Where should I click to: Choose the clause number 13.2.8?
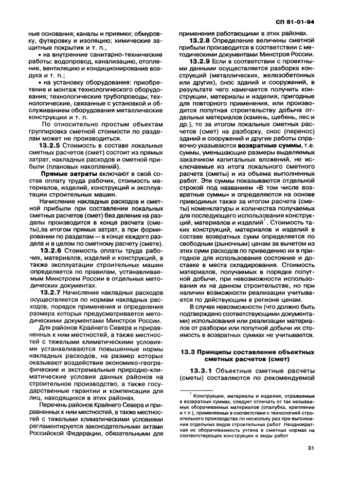(x=202, y=40)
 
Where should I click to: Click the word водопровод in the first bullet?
(x=64, y=62)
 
